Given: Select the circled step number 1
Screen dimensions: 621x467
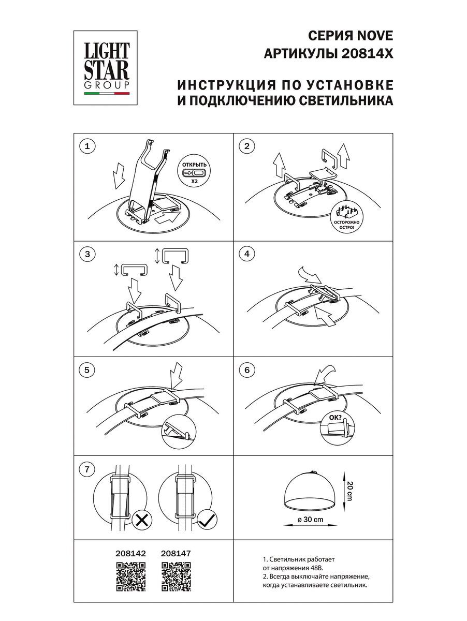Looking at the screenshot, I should pyautogui.click(x=87, y=146).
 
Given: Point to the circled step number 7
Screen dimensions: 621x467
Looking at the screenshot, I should pyautogui.click(x=87, y=470).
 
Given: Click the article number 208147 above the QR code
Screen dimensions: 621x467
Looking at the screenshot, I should pyautogui.click(x=176, y=553).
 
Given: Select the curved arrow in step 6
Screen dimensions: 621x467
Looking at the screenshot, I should pyautogui.click(x=326, y=374).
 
